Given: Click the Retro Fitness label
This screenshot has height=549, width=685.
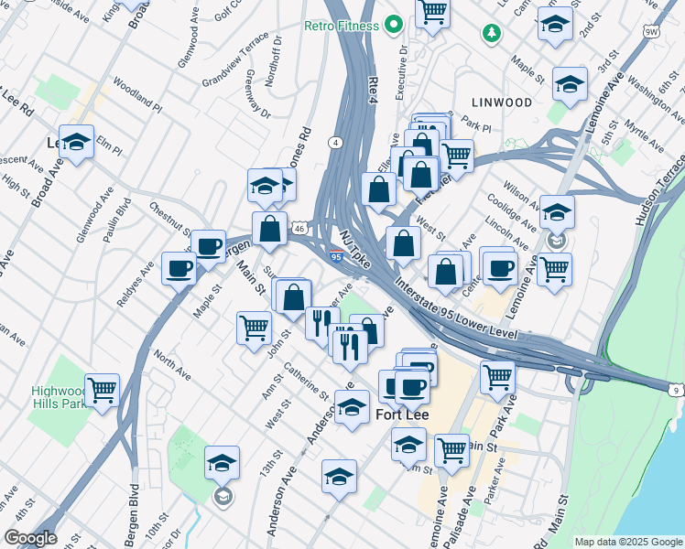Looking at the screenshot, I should tap(341, 26).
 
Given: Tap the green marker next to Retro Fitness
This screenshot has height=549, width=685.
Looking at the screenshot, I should tap(395, 25).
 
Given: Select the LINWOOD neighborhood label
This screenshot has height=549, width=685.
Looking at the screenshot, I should tap(502, 101).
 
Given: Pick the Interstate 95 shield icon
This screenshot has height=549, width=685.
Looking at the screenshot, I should tap(336, 259).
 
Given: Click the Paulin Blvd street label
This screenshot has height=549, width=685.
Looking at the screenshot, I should tap(118, 221).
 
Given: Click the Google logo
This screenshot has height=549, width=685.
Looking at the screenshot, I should tap(30, 538).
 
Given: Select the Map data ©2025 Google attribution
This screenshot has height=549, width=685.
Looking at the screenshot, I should tap(626, 542).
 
